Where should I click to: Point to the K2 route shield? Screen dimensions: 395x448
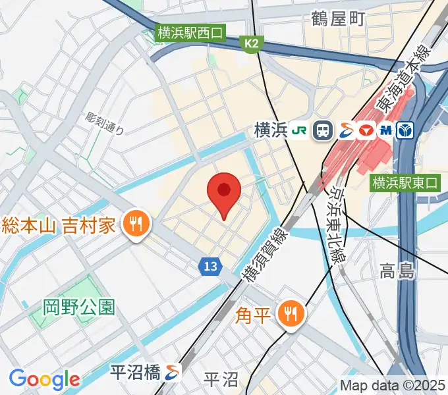pos(251,44)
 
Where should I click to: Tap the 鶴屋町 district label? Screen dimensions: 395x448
pos(338,19)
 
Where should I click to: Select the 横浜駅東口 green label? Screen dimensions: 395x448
pos(405,182)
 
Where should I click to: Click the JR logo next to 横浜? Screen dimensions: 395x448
pos(300,130)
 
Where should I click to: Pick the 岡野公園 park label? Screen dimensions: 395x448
pos(79,306)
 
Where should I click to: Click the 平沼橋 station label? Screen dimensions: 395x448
pos(135,373)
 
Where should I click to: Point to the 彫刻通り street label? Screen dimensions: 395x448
pos(105,123)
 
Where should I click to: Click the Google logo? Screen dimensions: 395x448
pos(44,379)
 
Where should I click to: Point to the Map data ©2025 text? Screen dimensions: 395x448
pos(393,385)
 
